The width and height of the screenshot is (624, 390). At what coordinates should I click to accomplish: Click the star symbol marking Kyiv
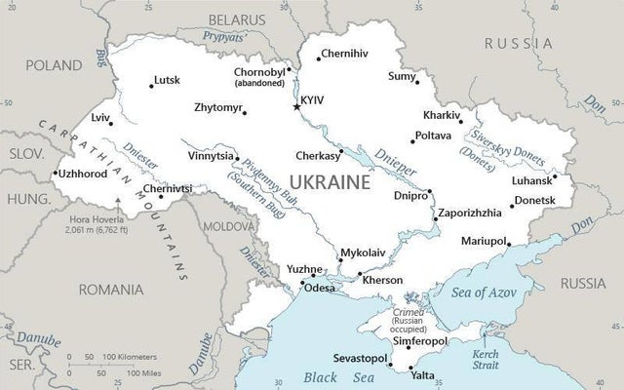297,106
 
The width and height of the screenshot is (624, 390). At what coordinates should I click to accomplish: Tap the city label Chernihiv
344,53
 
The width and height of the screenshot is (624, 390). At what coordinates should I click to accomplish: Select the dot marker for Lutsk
151,86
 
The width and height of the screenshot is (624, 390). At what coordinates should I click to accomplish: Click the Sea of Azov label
484,291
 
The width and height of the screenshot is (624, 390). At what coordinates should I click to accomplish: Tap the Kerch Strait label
485,360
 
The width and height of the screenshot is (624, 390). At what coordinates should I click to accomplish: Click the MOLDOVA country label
227,225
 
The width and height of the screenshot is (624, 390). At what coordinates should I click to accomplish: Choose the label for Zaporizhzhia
471,213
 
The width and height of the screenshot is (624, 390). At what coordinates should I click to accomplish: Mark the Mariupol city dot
508,247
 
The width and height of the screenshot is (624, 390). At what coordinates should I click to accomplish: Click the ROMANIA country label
111,290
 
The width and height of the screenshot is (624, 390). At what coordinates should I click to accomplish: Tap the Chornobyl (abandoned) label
260,77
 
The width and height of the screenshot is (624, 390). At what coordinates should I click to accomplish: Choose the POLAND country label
54,65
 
